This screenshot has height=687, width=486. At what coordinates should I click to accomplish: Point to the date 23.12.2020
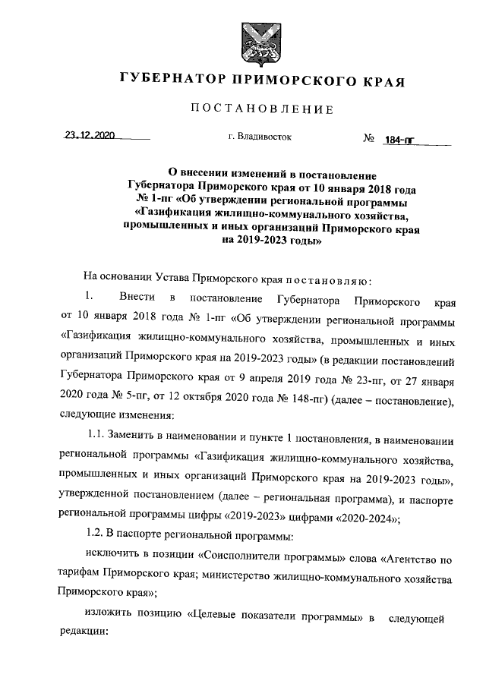point(89,136)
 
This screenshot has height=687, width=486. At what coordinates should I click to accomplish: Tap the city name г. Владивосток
point(259,138)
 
